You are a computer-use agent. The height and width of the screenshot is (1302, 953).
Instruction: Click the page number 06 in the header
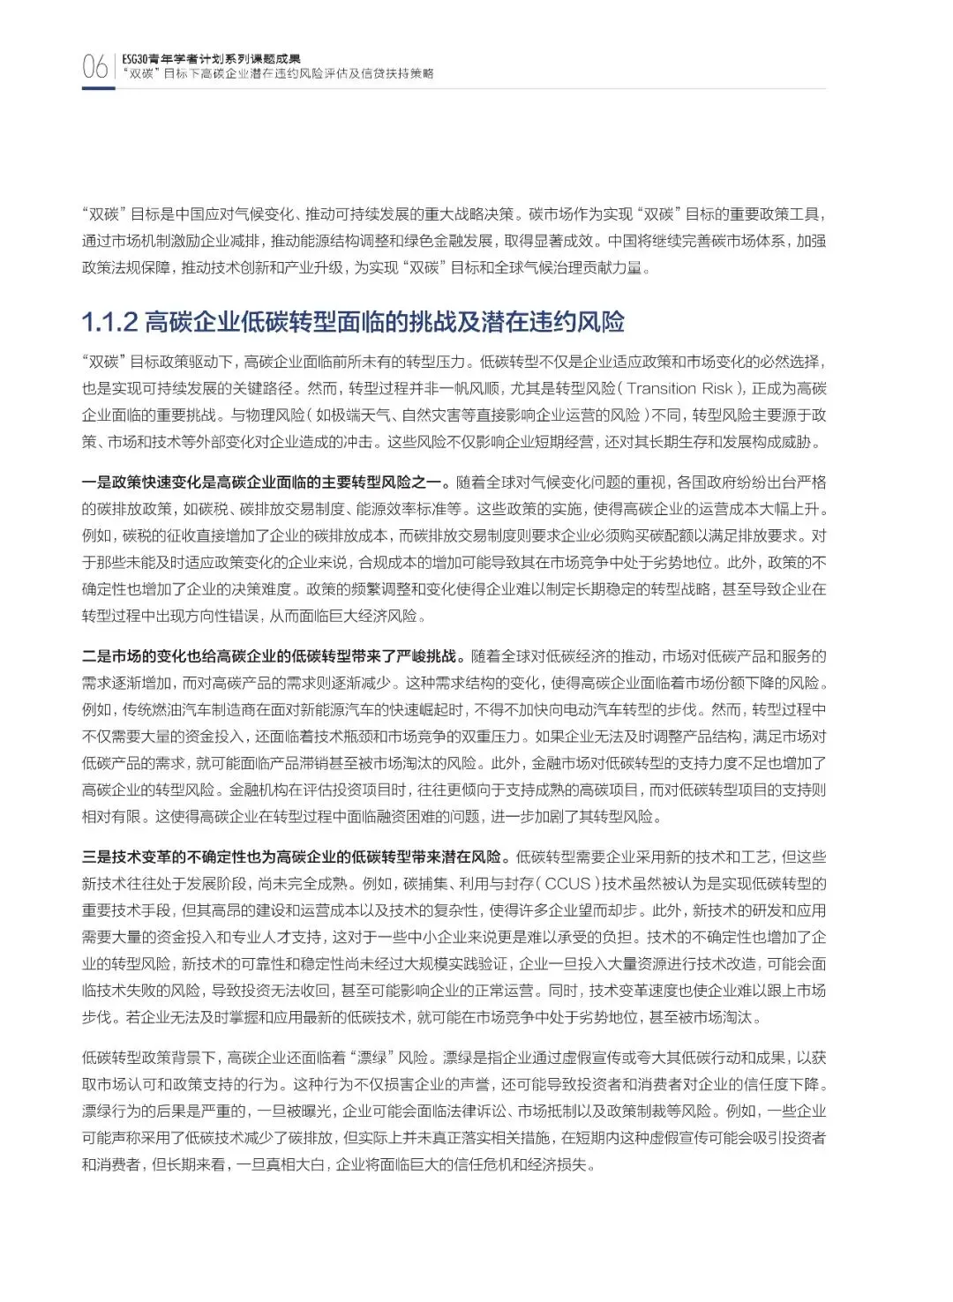point(94,67)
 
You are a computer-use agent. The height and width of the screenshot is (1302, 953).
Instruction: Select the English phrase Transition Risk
point(681,388)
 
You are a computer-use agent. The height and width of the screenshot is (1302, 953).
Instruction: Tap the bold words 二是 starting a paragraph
point(95,655)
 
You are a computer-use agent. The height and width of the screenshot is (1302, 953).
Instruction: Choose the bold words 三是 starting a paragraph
point(95,857)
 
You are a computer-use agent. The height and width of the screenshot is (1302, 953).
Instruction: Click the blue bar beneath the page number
point(97,88)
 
